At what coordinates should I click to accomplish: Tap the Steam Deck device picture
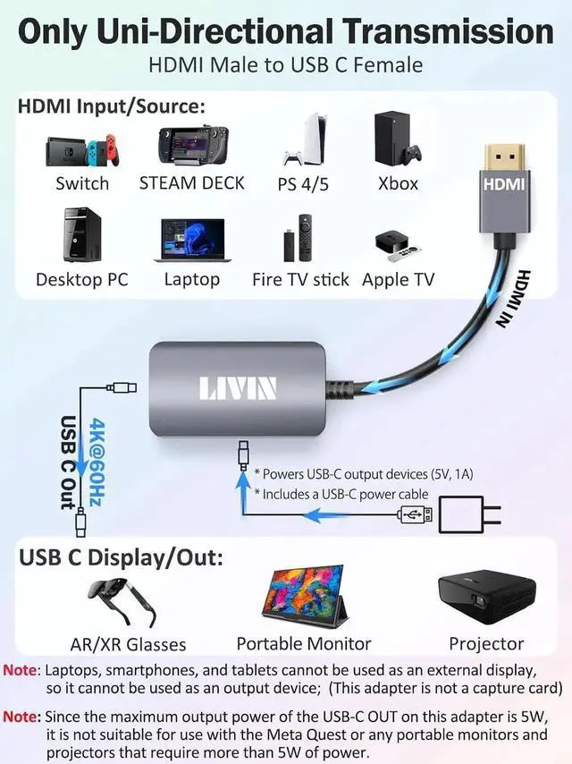(191, 145)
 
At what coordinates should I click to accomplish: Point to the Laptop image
(191, 239)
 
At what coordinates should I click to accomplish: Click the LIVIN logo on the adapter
(237, 388)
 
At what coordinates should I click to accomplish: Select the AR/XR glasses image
(126, 599)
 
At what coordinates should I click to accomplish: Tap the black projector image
(486, 597)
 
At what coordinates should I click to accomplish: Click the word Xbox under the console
(397, 183)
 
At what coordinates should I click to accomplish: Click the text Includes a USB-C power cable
(341, 494)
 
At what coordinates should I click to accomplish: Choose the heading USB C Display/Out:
(121, 559)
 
